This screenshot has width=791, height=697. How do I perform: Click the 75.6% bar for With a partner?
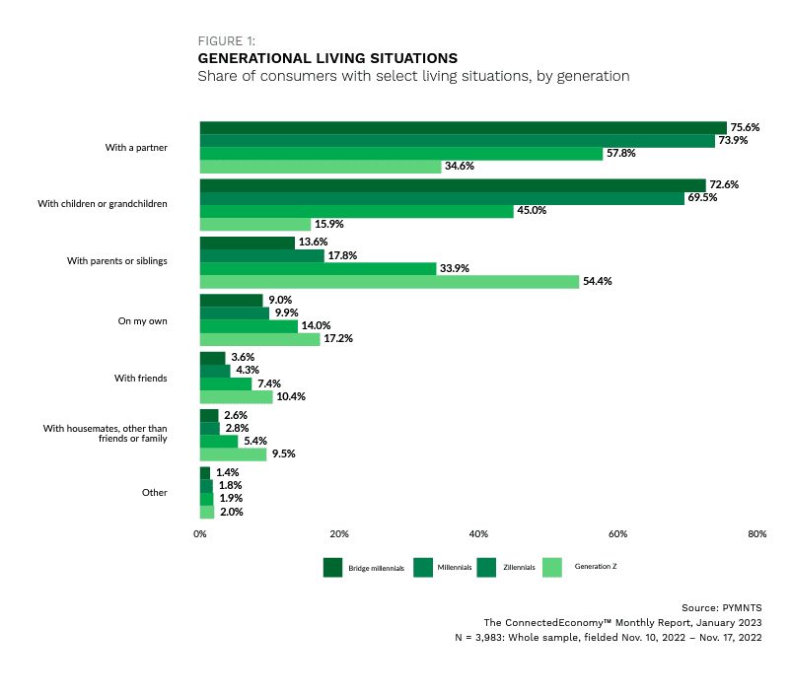coord(464,128)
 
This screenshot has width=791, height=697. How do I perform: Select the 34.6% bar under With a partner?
coord(321,167)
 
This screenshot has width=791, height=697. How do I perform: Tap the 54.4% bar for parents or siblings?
coord(390,282)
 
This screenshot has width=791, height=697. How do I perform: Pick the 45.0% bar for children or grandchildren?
coord(357,211)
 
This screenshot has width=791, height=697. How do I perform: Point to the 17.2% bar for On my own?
coord(259,339)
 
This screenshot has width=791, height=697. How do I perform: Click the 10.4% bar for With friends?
coord(236,397)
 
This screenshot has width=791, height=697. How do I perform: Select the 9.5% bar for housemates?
coord(233,454)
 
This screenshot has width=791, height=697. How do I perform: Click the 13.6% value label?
coord(313,243)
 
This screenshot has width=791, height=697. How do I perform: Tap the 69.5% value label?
coord(702,198)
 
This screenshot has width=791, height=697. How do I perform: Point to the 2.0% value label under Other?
coord(231,512)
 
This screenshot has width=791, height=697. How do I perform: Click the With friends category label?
coord(140,379)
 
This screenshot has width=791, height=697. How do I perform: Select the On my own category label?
coord(142,321)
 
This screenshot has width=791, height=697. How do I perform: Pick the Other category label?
coord(155,493)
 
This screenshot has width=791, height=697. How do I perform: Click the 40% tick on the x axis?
coord(478,534)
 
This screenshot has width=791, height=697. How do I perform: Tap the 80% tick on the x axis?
coord(756,534)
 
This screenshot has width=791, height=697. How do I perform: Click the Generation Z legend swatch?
coord(552,568)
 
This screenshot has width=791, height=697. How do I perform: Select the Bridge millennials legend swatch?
coord(332,568)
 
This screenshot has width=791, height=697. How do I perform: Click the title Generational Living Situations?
coord(327,58)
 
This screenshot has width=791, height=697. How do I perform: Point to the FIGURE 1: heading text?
coord(227,40)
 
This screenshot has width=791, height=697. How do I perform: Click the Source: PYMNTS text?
coord(721,607)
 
